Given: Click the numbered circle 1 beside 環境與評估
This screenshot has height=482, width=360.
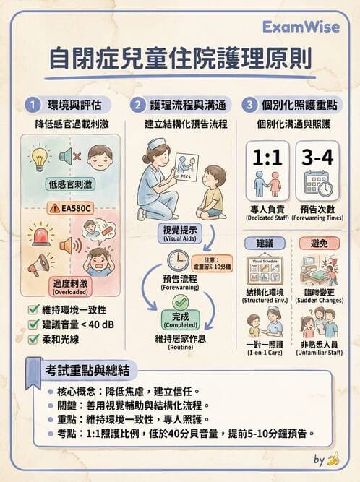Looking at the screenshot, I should click(31, 105).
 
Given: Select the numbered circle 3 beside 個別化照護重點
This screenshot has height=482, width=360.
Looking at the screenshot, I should click(249, 105).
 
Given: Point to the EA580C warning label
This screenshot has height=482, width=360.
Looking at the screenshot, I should click(70, 208).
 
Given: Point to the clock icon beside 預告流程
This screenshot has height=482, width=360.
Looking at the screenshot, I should click(177, 259).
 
